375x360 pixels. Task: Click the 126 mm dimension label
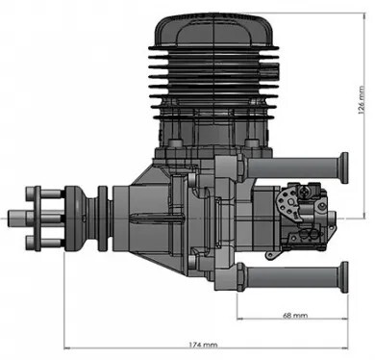pyautogui.click(x=362, y=100)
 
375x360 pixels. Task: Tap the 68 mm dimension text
pyautogui.click(x=295, y=316)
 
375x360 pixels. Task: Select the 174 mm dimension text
pyautogui.click(x=203, y=345)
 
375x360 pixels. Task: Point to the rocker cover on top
pyautogui.click(x=213, y=31)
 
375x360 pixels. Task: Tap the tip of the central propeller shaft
pyautogui.click(x=9, y=219)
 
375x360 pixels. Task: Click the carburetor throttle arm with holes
pyautogui.click(x=289, y=203)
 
